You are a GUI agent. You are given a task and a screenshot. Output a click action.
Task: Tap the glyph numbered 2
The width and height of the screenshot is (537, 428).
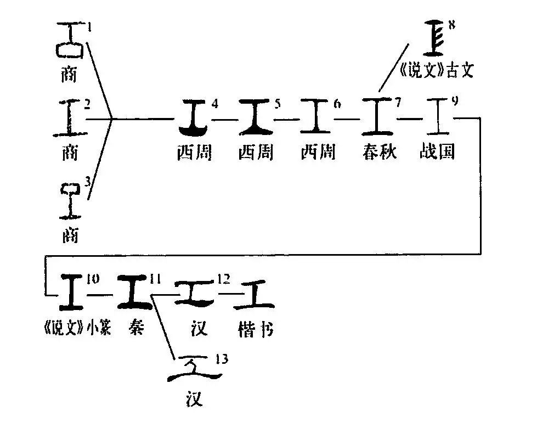coord(69,117)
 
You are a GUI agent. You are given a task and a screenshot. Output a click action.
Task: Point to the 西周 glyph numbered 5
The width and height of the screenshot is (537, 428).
coord(257,117)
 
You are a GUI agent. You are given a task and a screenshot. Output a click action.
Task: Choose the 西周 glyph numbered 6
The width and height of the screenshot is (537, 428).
coord(316,117)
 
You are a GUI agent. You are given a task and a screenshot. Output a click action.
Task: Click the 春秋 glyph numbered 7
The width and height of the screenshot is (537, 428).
coord(378,117)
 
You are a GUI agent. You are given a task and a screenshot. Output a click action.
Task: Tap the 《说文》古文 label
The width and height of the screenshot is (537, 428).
coord(435,70)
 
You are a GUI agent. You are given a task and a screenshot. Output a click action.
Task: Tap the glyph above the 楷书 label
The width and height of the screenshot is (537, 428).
coord(256,293)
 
